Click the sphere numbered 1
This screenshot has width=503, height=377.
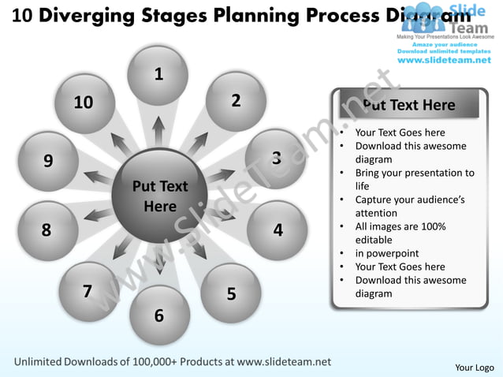click(x=158, y=76)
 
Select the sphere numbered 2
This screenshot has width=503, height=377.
click(x=236, y=101)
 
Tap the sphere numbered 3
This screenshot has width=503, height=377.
click(x=276, y=159)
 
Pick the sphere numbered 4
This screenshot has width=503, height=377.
click(x=278, y=230)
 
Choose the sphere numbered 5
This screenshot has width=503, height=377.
click(x=231, y=293)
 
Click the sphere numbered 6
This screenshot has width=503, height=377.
click(x=158, y=315)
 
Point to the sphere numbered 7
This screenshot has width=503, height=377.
click(x=88, y=292)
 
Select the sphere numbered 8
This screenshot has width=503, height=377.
click(x=47, y=230)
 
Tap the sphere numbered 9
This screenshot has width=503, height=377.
click(x=48, y=161)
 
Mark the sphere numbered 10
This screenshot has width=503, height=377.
click(x=84, y=103)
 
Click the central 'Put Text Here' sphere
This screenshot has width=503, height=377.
click(x=159, y=196)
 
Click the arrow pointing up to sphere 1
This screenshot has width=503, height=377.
click(x=158, y=131)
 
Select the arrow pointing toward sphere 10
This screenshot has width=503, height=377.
click(x=121, y=144)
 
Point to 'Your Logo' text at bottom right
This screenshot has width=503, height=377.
click(x=475, y=368)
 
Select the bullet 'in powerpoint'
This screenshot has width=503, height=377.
click(x=386, y=253)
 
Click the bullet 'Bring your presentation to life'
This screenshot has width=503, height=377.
click(x=414, y=179)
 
